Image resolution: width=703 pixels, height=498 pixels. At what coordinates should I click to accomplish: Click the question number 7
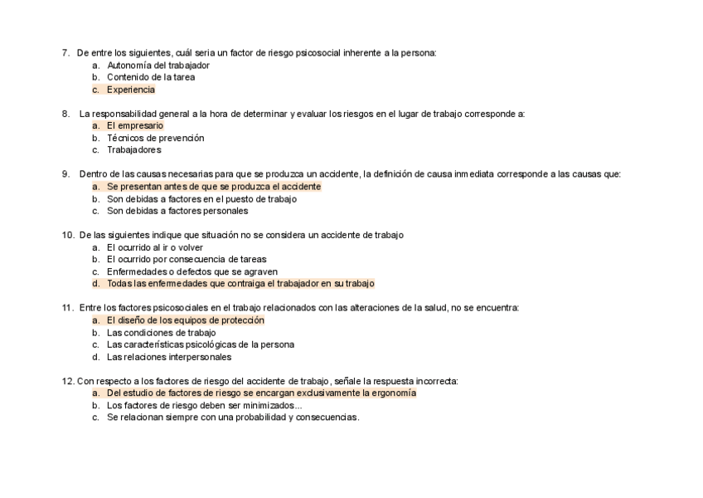(x=65, y=53)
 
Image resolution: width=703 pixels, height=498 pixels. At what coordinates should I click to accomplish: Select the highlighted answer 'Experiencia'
(x=130, y=90)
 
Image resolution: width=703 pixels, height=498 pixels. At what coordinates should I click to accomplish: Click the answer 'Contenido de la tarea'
(x=151, y=77)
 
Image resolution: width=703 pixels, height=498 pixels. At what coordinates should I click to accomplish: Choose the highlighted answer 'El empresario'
(x=134, y=125)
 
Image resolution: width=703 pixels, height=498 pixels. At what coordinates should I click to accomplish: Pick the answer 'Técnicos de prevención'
(x=155, y=138)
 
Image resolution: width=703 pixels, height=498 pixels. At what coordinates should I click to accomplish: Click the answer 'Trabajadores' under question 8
(x=133, y=150)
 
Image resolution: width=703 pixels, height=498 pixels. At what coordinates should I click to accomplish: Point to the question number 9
(x=65, y=174)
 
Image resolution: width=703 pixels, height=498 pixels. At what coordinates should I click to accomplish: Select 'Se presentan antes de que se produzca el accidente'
(x=213, y=187)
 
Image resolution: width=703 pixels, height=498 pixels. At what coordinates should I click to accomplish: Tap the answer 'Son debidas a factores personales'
(x=177, y=211)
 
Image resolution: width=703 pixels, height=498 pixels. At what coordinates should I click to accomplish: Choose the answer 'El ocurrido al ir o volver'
(x=155, y=247)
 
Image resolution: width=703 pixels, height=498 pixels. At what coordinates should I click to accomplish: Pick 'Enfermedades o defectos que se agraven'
(x=192, y=271)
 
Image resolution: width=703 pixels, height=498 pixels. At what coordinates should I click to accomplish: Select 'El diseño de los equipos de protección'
(x=185, y=320)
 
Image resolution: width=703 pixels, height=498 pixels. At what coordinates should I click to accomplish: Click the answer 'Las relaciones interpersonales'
(x=169, y=357)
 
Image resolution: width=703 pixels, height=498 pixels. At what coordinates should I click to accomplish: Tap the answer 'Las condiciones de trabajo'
(x=161, y=333)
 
